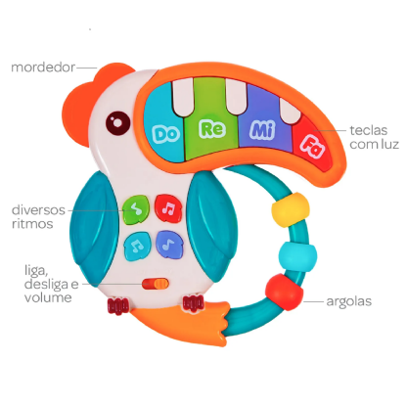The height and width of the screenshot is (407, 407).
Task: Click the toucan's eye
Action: (117, 122)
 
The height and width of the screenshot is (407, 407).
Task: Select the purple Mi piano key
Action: (264, 127)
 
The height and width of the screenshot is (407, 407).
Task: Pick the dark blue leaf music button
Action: (169, 244)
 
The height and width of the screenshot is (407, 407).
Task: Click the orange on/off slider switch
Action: (156, 284)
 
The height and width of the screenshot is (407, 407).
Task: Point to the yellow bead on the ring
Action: (291, 209)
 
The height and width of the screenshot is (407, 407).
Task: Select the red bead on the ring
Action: (284, 293)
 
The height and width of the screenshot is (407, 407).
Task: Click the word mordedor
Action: (43, 68)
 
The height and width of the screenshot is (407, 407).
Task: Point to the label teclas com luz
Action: (375, 137)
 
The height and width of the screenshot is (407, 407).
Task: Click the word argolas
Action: (349, 301)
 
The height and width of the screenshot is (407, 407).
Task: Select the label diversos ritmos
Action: (38, 217)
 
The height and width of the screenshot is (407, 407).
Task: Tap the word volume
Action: (48, 297)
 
